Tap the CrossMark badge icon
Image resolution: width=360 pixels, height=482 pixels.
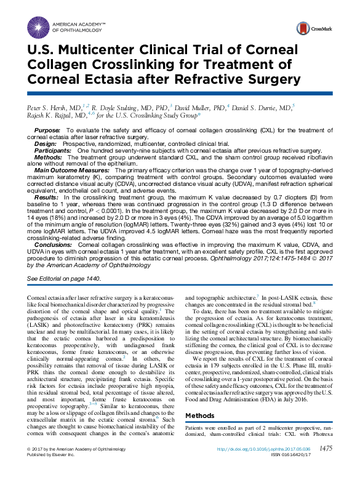tap(303, 28)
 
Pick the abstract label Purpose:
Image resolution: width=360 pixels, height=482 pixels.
tap(47, 131)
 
